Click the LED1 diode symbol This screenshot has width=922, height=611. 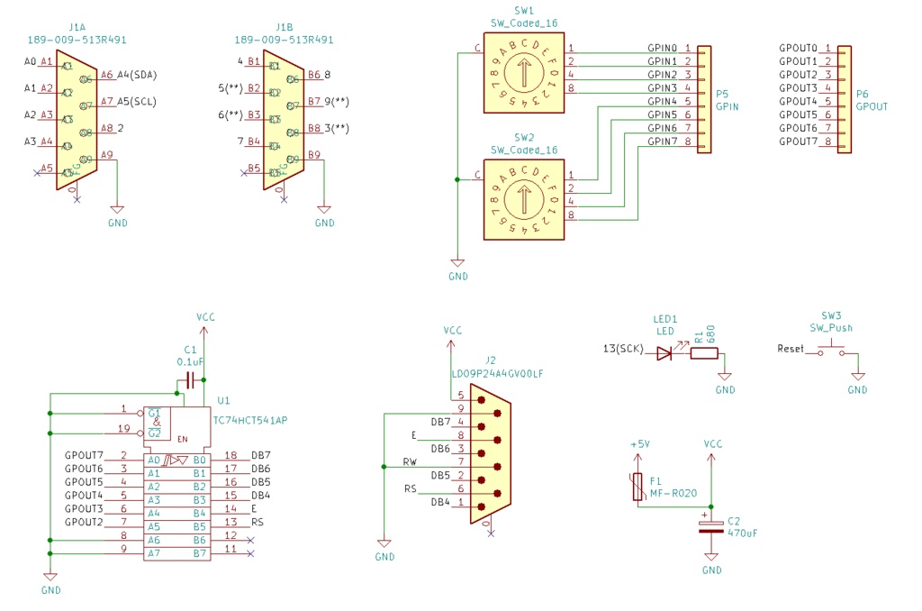(x=664, y=353)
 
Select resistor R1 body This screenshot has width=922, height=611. (x=704, y=353)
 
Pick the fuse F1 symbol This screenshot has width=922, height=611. (x=637, y=487)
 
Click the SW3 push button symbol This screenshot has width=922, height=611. (x=831, y=351)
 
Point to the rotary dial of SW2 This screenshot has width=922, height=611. (x=524, y=200)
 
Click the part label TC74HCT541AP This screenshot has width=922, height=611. (x=249, y=421)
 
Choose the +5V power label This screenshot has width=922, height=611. (x=638, y=444)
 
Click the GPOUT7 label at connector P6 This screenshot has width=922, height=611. (x=798, y=141)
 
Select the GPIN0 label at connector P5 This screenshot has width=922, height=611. (x=662, y=48)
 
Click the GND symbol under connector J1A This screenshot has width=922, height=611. (x=117, y=217)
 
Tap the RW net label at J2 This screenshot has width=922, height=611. (x=411, y=461)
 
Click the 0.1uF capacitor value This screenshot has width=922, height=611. (x=190, y=361)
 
